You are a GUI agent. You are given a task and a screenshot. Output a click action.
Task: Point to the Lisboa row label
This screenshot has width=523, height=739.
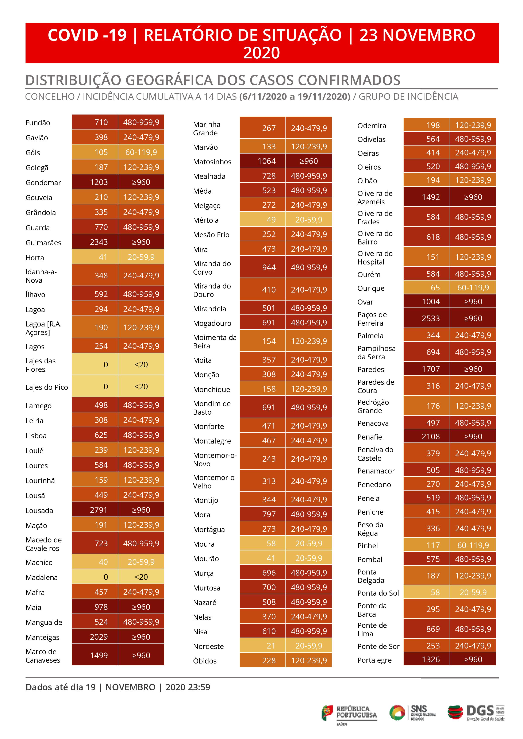click(36, 436)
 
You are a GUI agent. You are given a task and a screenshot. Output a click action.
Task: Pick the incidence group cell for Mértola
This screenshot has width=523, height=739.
click(308, 220)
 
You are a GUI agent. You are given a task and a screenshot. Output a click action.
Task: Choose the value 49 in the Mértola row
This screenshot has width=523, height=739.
click(271, 220)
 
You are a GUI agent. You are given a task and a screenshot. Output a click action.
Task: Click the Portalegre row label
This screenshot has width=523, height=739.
click(374, 660)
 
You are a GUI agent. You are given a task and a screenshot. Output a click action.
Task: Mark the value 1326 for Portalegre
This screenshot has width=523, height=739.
click(431, 659)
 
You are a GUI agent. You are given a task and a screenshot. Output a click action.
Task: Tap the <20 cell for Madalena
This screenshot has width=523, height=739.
click(141, 577)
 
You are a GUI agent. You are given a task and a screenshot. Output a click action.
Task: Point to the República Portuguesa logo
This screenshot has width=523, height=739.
click(349, 713)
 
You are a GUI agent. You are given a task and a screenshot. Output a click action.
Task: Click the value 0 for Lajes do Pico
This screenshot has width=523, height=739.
click(106, 387)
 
